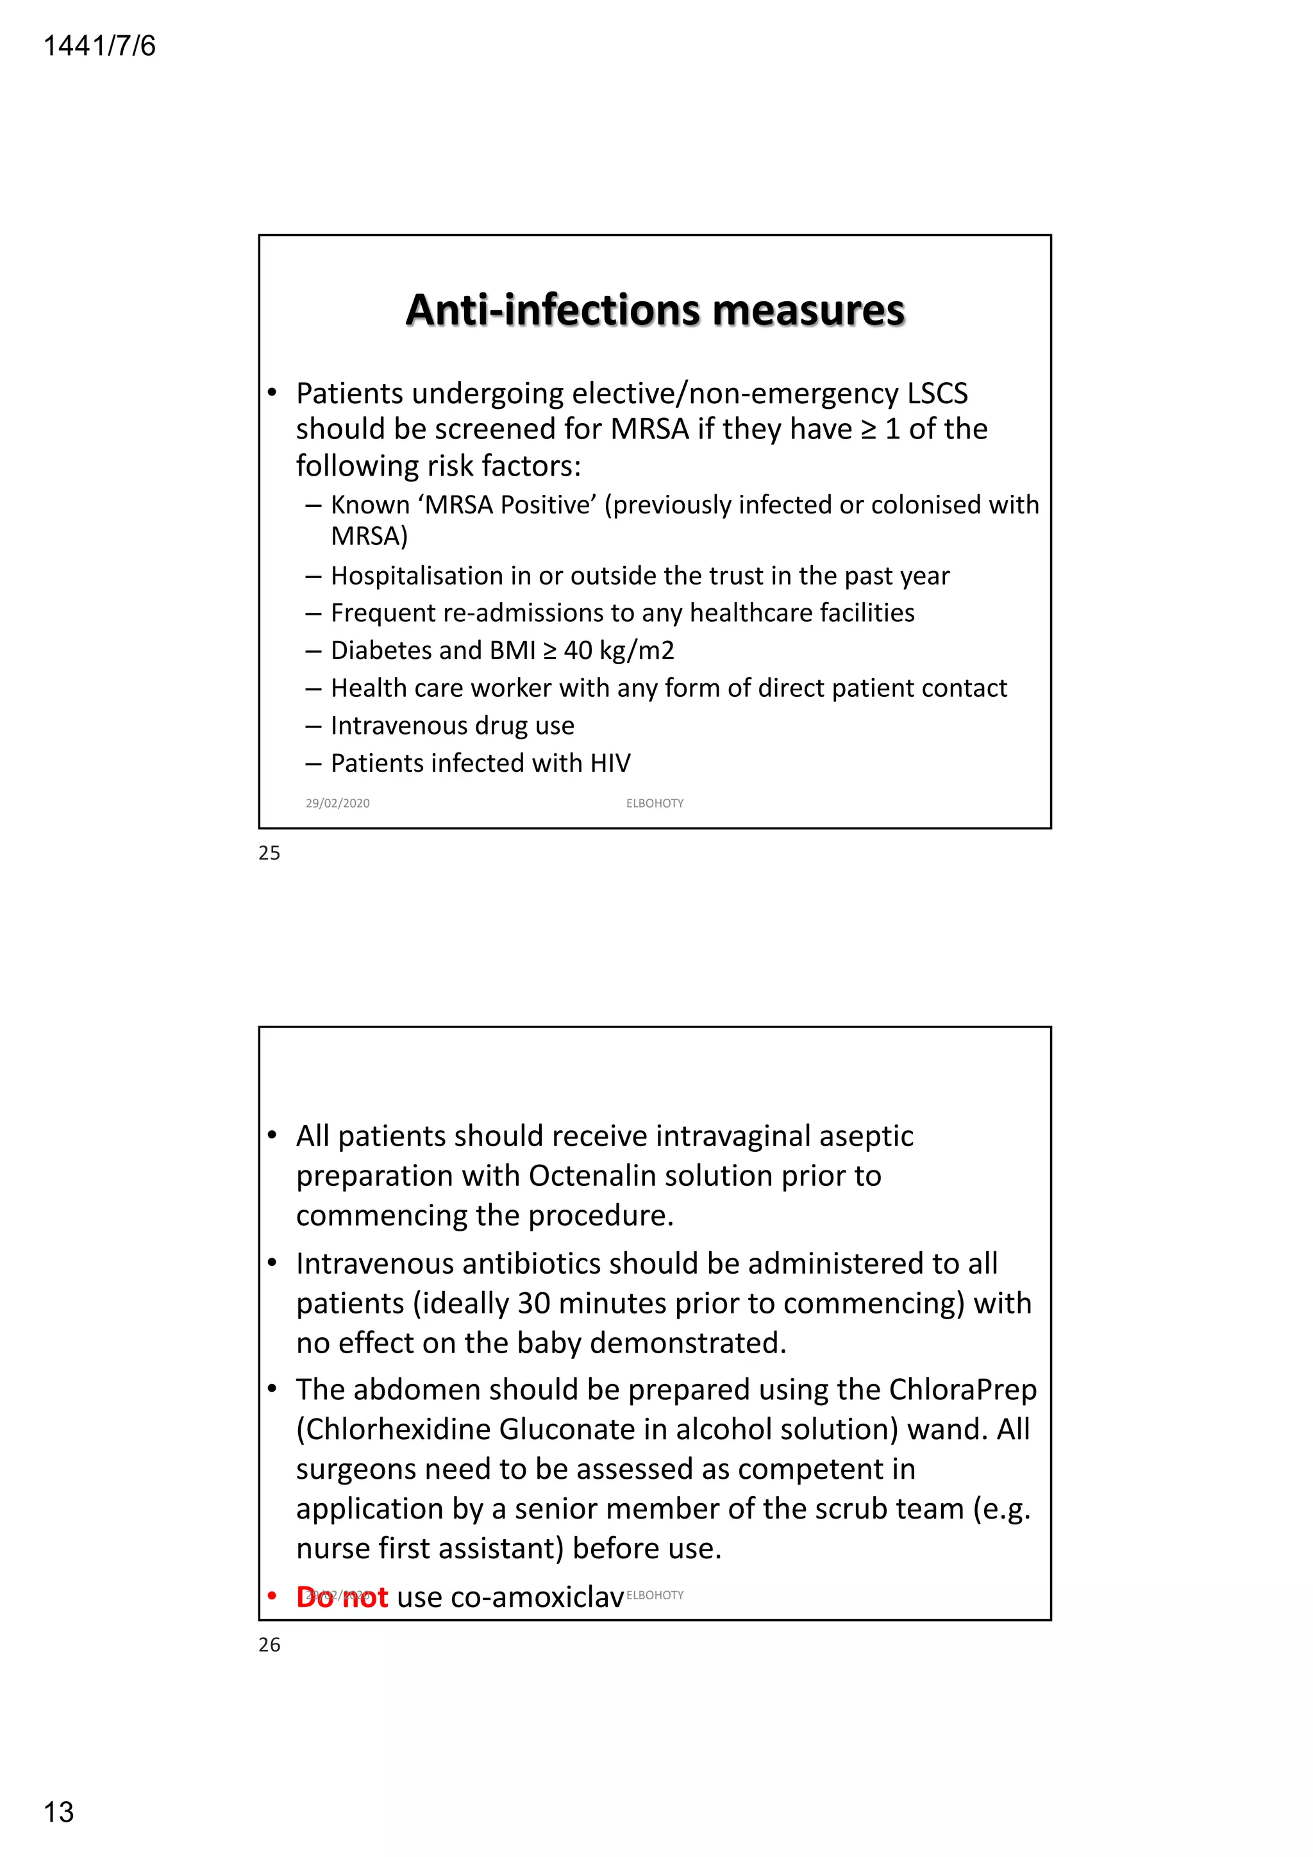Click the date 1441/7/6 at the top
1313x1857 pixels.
99,46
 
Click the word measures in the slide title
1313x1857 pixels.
808,311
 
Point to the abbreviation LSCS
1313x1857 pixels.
937,394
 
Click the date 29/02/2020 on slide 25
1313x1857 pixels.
337,803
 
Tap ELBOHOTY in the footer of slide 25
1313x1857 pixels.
655,803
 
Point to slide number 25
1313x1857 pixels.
269,853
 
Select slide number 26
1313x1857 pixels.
269,1644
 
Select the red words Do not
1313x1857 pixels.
342,1597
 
